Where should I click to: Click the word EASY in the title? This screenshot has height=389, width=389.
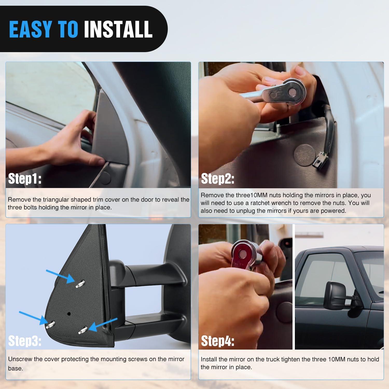point(31,29)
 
